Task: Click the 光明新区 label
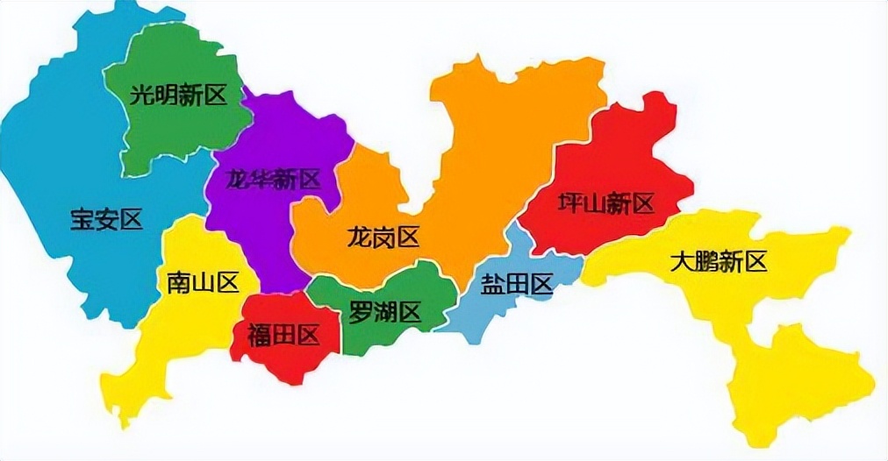click(178, 95)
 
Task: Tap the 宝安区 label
click(106, 219)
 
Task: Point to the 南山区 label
click(203, 282)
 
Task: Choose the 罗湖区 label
click(385, 311)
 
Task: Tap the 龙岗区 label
click(383, 237)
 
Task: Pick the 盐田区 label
click(516, 284)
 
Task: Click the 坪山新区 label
click(606, 205)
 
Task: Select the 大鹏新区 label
click(718, 261)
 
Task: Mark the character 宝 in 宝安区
click(82, 219)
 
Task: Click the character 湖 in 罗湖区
click(385, 311)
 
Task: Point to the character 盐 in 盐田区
click(492, 284)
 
